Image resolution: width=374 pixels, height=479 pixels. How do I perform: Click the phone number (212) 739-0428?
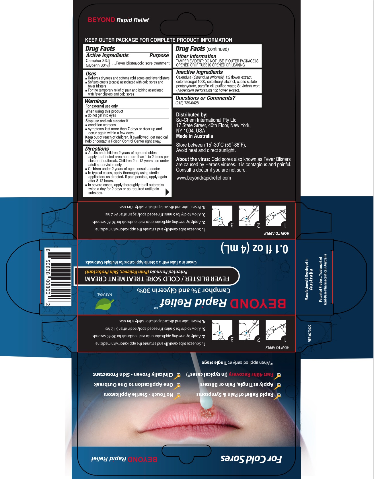(x=187, y=103)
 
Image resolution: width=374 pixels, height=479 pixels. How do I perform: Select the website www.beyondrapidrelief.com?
(x=204, y=178)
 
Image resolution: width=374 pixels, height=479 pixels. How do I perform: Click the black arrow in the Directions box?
(x=167, y=192)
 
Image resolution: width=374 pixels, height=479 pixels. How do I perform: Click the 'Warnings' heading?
(x=96, y=101)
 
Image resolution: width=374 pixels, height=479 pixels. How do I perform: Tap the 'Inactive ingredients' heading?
(x=199, y=72)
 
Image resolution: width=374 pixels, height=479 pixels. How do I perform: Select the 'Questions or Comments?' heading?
(x=205, y=98)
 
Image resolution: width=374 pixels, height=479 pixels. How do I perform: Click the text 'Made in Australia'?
(x=194, y=136)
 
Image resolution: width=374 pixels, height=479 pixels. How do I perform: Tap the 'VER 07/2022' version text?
(x=309, y=333)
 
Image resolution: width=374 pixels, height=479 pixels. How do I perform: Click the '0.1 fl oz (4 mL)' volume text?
(x=254, y=248)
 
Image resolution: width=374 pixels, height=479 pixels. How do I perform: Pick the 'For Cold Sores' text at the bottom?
(x=251, y=459)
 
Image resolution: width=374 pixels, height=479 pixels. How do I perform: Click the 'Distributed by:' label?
(x=192, y=114)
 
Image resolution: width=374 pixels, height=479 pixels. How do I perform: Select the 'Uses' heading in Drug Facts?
(x=91, y=73)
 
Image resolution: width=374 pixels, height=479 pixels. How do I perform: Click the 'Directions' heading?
(x=97, y=149)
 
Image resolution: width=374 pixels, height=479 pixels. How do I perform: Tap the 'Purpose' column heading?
(x=159, y=55)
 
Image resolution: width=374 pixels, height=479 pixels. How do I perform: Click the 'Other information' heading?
(x=196, y=56)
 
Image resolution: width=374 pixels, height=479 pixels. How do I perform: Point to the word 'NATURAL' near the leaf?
(x=105, y=294)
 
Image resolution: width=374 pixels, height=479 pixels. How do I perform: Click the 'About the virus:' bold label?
(x=193, y=159)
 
